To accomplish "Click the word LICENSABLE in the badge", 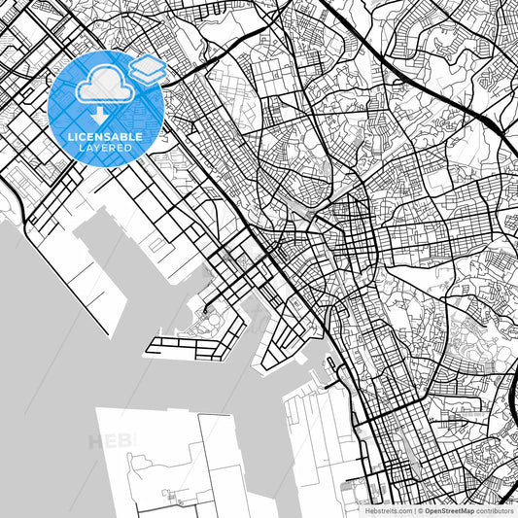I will coord(106,137).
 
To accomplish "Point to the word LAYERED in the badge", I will coord(106,149).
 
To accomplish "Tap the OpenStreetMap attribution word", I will coord(449,509).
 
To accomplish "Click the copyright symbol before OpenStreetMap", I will coord(420,509).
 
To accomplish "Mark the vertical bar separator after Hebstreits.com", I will coord(414,509).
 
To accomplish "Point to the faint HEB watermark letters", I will coord(113,442).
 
